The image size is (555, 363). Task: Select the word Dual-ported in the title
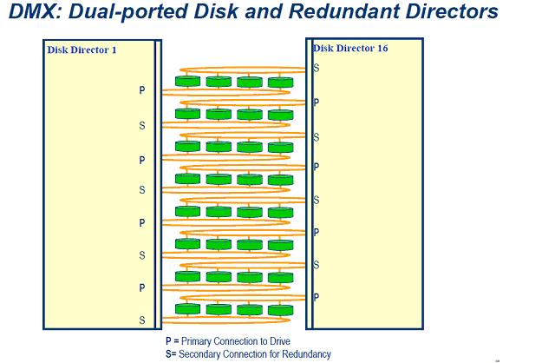(x=132, y=12)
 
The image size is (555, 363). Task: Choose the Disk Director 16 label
(x=350, y=49)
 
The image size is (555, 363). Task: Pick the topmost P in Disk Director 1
(x=142, y=89)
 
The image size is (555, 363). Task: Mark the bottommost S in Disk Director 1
(x=142, y=320)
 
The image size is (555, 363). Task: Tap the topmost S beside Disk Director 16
(x=316, y=68)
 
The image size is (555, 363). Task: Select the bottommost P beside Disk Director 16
(x=316, y=297)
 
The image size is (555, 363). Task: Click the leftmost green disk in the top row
(x=187, y=82)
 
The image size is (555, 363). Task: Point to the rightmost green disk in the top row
(x=280, y=82)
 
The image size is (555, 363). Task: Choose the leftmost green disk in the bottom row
(x=187, y=309)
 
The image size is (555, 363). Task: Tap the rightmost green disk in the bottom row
(x=280, y=309)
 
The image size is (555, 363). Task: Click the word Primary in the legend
(x=199, y=341)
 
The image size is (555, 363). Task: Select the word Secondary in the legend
(x=199, y=354)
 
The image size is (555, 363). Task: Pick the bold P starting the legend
(x=168, y=341)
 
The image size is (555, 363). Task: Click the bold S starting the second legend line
(x=168, y=354)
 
